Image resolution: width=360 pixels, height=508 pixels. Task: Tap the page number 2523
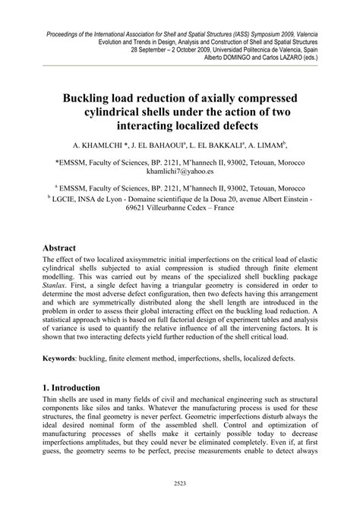pyautogui.click(x=180, y=482)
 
